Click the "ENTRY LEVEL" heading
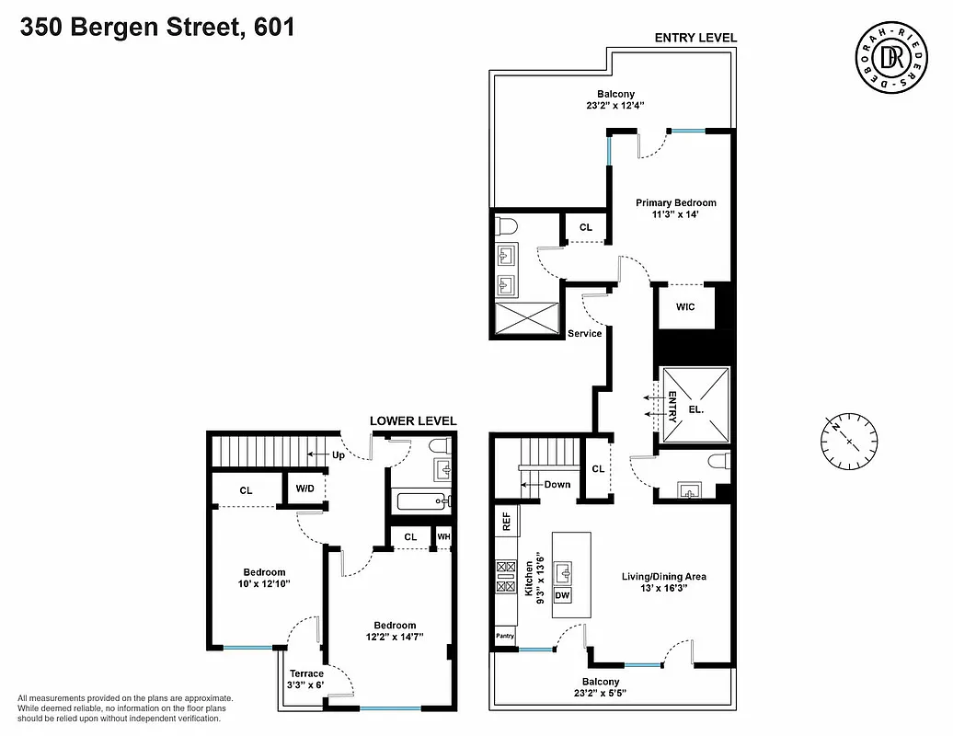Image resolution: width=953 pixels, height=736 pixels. pos(695,38)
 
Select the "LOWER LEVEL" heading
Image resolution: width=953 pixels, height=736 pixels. pos(413,421)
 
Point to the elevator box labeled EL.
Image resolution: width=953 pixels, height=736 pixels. pos(695,408)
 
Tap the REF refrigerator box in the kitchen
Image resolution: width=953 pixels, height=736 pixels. pos(506,522)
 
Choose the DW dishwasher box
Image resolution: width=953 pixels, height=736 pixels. pos(562,596)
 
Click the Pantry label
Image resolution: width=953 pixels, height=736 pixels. pos(505,635)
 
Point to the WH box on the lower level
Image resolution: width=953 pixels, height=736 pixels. pos(443,536)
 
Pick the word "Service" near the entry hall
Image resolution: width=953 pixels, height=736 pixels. pos(584,333)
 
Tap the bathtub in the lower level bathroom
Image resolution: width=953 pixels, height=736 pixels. pos(419,502)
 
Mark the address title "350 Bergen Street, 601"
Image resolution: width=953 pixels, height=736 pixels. pos(157,28)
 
